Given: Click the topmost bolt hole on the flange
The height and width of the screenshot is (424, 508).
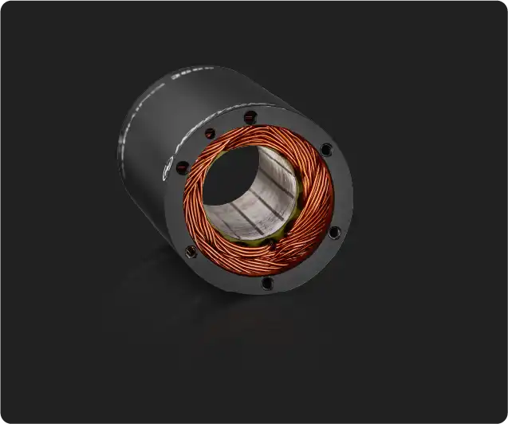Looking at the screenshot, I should (250, 117).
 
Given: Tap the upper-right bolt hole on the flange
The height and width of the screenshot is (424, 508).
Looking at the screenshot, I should (326, 149).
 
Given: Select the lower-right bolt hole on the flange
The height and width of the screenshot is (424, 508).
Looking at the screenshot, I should (334, 232).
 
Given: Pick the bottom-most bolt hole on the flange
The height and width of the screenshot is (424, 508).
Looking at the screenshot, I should (267, 282).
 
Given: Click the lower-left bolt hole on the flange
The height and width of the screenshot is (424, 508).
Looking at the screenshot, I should (191, 252).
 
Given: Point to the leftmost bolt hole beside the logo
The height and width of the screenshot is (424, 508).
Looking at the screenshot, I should (183, 167).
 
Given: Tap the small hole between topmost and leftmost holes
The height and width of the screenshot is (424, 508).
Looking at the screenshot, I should (210, 133).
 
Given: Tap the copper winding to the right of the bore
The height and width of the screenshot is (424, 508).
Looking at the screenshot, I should (315, 199).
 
